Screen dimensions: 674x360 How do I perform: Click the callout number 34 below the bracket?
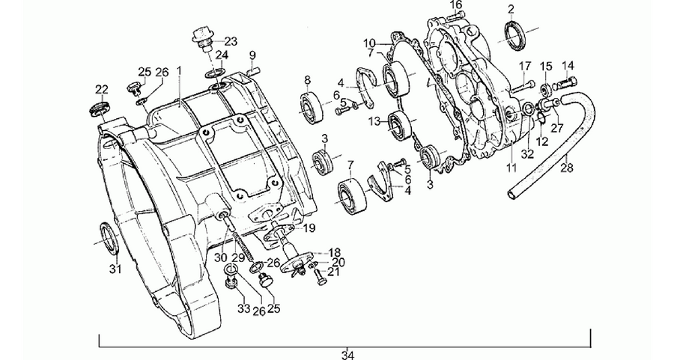pos(347,355)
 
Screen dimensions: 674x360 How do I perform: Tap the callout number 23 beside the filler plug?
pos(231,42)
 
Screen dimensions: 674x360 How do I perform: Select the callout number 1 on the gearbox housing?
pos(179,70)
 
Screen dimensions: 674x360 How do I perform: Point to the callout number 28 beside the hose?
pos(567,167)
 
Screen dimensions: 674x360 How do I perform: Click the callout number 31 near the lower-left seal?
pos(115,269)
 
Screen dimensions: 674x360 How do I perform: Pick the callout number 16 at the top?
pos(456,4)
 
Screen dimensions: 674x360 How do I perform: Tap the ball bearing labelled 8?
pos(312,107)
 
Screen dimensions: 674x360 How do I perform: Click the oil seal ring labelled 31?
pos(109,236)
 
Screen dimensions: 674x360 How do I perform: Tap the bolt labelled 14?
pos(565,82)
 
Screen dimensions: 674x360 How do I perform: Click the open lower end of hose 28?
pos(513,193)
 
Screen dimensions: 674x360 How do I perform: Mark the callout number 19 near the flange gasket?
pos(309,228)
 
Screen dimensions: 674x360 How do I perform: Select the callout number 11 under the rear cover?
pos(511,167)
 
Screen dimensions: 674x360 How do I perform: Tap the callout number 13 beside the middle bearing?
pos(374,121)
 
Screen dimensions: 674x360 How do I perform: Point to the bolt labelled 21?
pos(318,274)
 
